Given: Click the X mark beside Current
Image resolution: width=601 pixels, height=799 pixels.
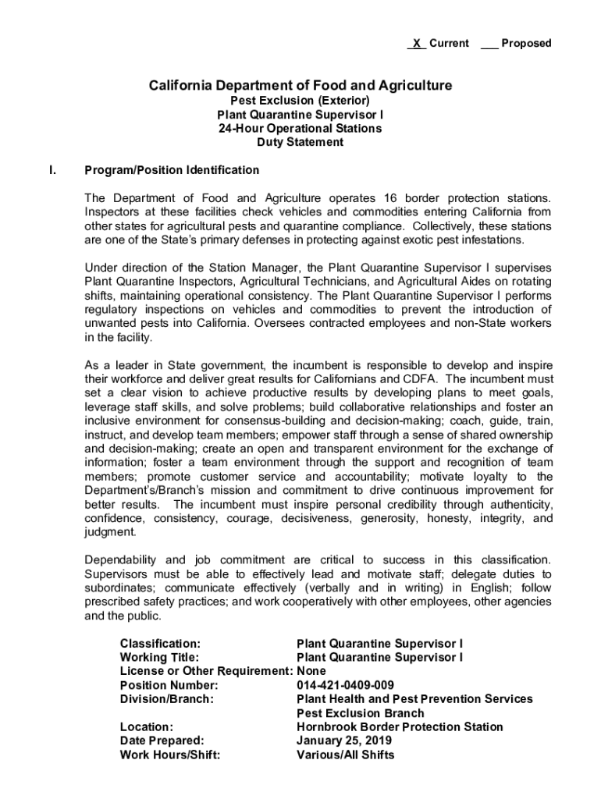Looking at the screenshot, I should point(417,44).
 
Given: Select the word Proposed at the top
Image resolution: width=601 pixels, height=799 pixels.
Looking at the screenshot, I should point(526,44).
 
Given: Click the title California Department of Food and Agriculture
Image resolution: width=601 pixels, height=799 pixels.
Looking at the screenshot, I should point(300,85).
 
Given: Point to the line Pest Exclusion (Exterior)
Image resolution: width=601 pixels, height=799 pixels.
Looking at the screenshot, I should point(300,101).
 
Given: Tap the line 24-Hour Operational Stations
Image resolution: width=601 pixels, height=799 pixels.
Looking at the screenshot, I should point(300,128).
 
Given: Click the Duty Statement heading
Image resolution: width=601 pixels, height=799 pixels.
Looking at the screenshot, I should point(300,142).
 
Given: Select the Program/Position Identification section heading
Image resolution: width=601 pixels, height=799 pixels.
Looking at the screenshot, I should point(172,170).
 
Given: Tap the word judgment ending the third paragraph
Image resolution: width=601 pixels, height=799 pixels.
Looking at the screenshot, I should point(110,532).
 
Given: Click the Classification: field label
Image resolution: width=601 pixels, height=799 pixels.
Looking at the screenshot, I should point(160,644).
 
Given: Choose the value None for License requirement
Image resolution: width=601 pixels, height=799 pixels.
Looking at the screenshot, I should point(311,671).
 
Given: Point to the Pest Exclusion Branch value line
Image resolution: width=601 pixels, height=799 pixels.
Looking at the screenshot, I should point(361,713).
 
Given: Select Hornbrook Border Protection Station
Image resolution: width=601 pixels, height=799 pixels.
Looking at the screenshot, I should point(400,727).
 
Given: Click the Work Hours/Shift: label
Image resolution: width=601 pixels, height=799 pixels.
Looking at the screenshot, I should point(169,755).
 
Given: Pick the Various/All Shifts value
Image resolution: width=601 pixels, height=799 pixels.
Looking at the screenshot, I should point(346,755).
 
